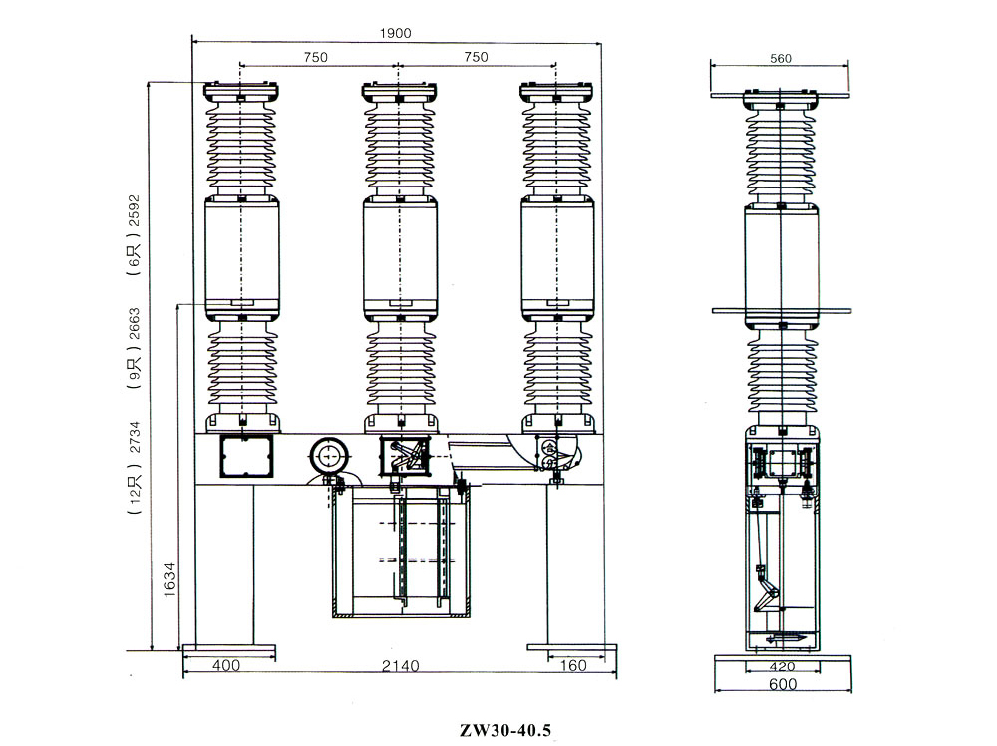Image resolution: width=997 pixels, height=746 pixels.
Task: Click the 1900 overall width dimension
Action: (x=396, y=32)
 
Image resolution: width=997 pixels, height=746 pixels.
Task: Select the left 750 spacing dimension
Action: (x=315, y=58)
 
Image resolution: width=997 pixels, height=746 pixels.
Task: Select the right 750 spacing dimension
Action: (x=477, y=58)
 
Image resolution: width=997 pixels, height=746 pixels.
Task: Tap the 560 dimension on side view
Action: (x=781, y=59)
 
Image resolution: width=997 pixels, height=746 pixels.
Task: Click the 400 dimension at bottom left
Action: (x=228, y=665)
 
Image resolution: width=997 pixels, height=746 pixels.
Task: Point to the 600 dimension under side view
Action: (x=783, y=684)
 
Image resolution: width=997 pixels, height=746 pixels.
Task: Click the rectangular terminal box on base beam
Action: (x=245, y=458)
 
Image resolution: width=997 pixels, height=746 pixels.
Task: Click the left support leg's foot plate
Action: (x=229, y=651)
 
